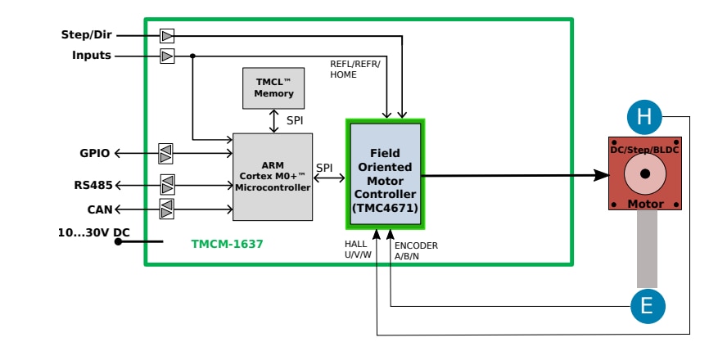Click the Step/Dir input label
86,35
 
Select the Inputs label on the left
91,56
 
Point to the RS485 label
93,185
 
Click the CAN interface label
100,209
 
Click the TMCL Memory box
273,88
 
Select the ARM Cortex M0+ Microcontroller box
273,177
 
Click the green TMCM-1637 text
227,244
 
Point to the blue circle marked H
644,118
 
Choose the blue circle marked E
647,306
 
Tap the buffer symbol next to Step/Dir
167,35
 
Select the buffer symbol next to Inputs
167,56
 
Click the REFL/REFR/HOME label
355,69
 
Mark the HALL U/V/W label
358,250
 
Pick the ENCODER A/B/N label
416,250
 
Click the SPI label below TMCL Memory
295,120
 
